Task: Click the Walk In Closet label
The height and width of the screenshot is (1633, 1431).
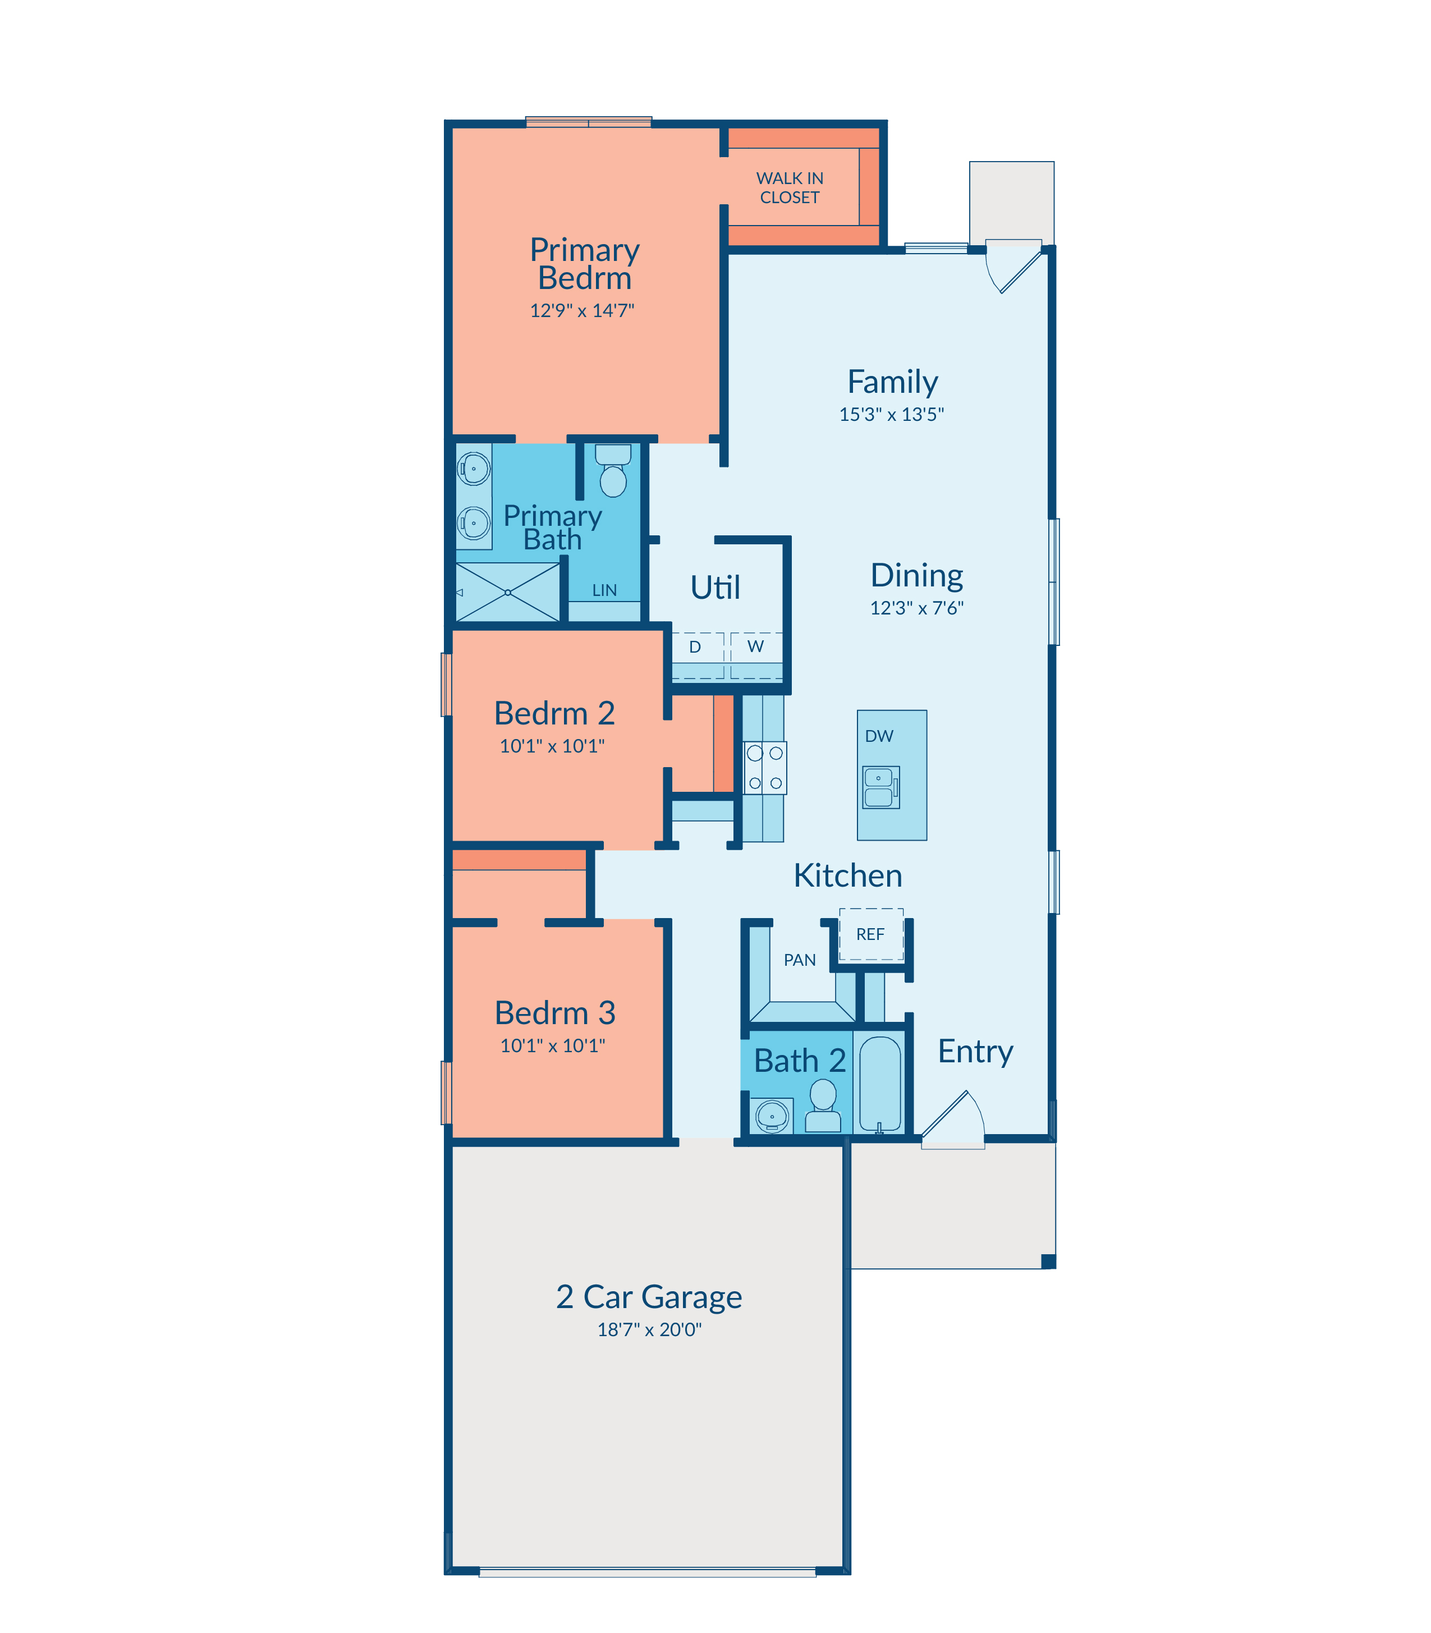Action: [x=790, y=187]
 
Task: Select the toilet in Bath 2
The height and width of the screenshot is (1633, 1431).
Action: [x=823, y=1105]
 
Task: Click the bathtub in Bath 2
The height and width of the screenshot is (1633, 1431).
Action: [x=880, y=1084]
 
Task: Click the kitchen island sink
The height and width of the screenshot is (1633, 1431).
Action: [x=881, y=787]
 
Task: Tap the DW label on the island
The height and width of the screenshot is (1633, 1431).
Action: [x=879, y=736]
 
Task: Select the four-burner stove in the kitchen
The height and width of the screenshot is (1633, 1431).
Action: [x=765, y=768]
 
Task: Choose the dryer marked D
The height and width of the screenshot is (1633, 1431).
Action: [x=697, y=655]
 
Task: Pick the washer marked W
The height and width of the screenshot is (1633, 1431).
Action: [x=756, y=655]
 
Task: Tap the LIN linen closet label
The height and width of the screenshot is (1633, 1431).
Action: [x=604, y=590]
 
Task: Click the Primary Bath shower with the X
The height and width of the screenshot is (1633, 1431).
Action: [x=508, y=591]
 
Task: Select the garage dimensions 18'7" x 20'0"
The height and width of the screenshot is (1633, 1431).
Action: [x=649, y=1329]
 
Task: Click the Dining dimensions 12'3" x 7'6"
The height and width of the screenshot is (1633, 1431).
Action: [x=917, y=608]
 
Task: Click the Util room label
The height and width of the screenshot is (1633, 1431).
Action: [x=715, y=587]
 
